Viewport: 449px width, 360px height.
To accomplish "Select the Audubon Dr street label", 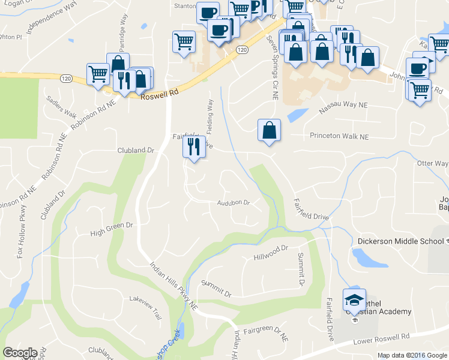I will [x=234, y=203].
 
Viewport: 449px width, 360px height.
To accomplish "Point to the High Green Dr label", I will [x=111, y=229].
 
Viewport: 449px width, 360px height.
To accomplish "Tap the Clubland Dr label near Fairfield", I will [x=136, y=150].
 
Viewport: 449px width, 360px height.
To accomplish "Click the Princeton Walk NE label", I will [x=339, y=137].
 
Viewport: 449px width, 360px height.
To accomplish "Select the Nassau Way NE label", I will [x=343, y=106].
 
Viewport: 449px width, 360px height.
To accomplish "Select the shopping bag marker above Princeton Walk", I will [x=269, y=130].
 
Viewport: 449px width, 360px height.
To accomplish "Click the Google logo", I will [x=20, y=353].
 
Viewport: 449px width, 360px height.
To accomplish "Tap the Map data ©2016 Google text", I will [x=412, y=355].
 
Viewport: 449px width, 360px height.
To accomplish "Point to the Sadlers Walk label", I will [x=62, y=106].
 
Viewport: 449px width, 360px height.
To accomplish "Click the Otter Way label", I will [x=432, y=163].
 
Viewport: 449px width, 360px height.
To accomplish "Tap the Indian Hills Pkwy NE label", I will [x=173, y=285].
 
